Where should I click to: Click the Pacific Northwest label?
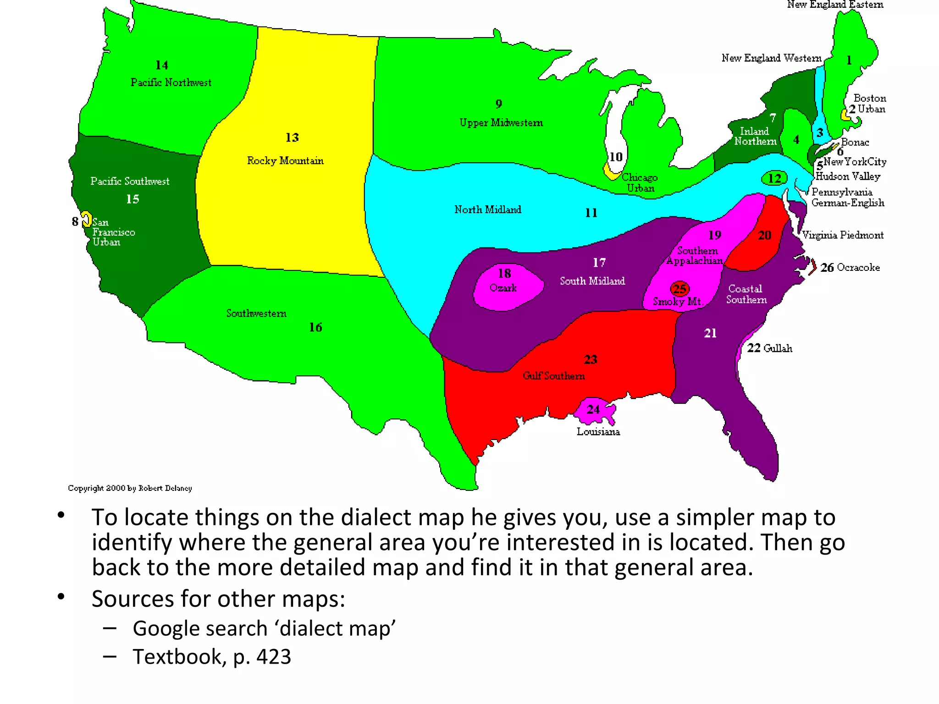point(171,82)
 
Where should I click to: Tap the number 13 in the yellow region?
point(292,137)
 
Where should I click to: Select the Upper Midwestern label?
point(501,123)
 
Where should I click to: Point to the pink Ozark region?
point(507,287)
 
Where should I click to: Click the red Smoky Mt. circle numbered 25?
point(679,289)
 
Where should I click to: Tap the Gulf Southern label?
point(554,376)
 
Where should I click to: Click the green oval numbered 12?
point(774,178)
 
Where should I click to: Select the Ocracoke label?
point(858,267)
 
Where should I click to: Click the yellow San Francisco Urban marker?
point(86,219)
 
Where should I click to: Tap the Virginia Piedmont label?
point(843,235)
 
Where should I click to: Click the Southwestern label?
point(256,313)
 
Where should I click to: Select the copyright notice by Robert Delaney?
point(130,488)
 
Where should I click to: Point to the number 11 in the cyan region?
point(591,213)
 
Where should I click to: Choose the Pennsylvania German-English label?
point(847,197)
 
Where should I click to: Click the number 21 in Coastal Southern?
point(710,333)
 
